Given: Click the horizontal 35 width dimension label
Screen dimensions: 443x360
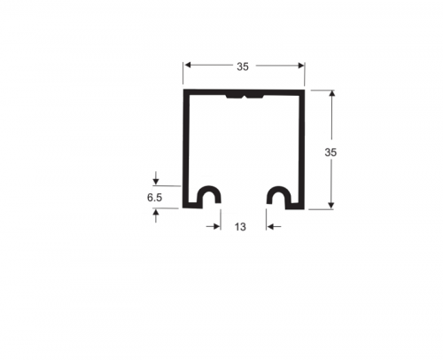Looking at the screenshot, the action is click(243, 67).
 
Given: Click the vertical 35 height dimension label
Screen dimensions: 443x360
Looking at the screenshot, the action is click(330, 153).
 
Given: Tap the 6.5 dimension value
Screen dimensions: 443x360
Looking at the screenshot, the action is click(155, 198).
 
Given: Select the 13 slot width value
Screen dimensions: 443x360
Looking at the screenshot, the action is click(240, 227).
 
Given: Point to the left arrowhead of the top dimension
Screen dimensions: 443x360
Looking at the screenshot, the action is click(187, 66).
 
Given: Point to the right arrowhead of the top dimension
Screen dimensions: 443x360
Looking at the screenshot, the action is click(301, 66).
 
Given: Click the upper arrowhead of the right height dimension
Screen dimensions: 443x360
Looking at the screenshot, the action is click(331, 94).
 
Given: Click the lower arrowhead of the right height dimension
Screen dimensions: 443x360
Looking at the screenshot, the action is click(331, 205).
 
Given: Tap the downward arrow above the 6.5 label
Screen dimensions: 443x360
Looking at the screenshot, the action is click(156, 178).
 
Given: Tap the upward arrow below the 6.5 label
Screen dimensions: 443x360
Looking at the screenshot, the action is click(156, 215).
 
